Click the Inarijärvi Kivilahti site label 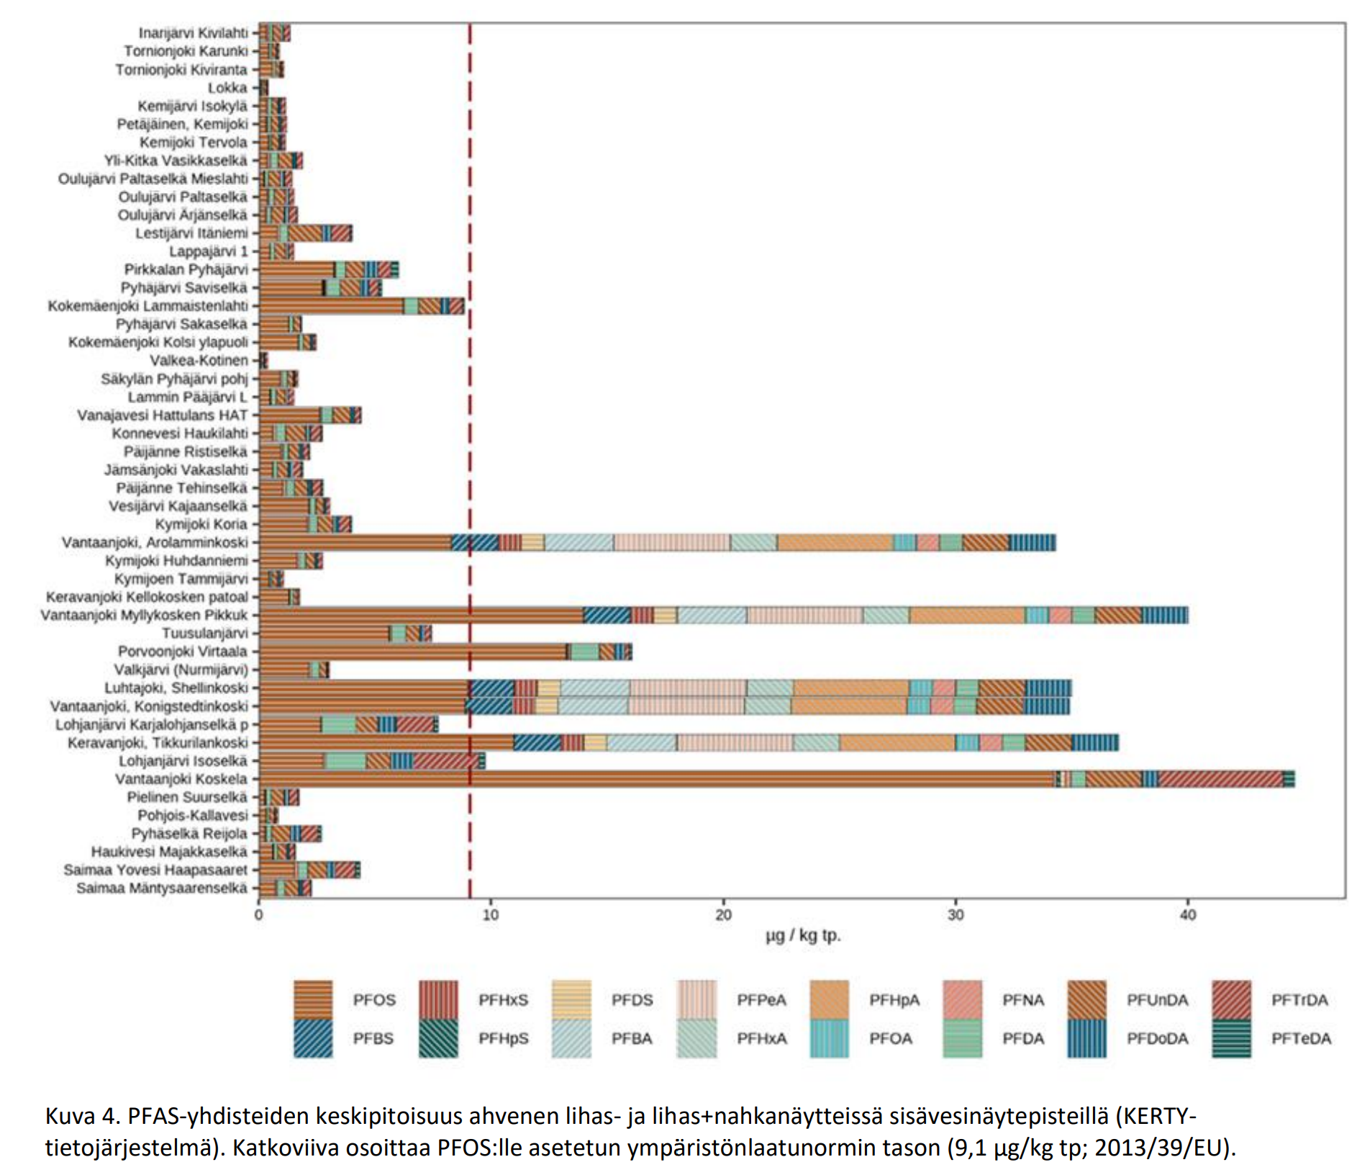[x=193, y=33]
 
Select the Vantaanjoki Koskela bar [x=777, y=779]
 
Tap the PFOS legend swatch [x=313, y=999]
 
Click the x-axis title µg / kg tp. [x=803, y=936]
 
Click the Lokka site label [x=227, y=88]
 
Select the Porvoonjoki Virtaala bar [x=445, y=652]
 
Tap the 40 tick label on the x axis [x=1187, y=915]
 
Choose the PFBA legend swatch [x=571, y=1038]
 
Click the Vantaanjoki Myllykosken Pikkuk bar [x=723, y=615]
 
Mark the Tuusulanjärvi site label [x=205, y=634]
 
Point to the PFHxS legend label [x=503, y=1000]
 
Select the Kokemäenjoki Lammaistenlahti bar [x=362, y=306]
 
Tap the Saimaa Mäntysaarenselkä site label [x=162, y=888]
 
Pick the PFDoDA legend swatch [x=1086, y=1038]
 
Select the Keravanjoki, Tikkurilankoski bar [x=689, y=742]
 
